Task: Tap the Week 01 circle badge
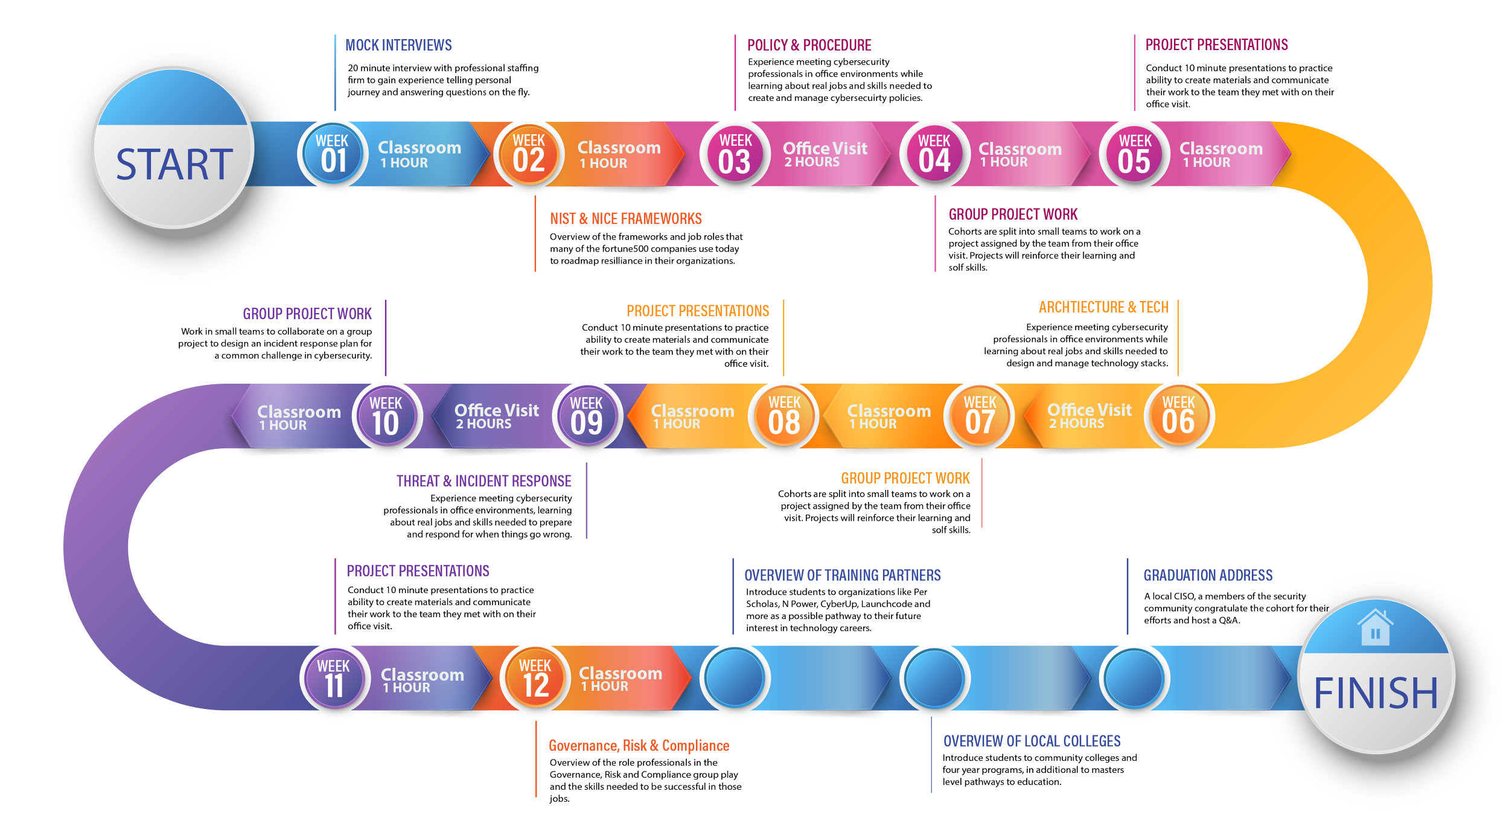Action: [x=333, y=154]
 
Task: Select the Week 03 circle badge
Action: [x=735, y=154]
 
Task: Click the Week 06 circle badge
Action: [x=1178, y=416]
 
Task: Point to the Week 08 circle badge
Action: [x=783, y=416]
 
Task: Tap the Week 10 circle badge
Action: [x=386, y=417]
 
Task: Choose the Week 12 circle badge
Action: [x=535, y=679]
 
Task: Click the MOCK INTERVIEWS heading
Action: [x=398, y=45]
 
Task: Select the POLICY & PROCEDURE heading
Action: [x=809, y=45]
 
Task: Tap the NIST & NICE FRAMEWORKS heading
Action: [x=626, y=218]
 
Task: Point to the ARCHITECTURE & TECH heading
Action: [x=1103, y=307]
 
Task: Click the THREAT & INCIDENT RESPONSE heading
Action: [x=484, y=481]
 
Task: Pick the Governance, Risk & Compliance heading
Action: [x=639, y=746]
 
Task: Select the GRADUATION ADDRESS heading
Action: [x=1208, y=576]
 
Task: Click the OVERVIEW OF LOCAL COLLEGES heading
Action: [x=1032, y=741]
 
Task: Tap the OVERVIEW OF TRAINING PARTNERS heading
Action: [x=842, y=576]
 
